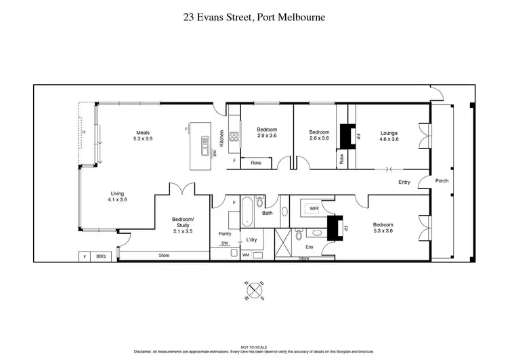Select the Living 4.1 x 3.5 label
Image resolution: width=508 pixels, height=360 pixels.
point(117,196)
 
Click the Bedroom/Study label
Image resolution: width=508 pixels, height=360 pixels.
point(183,227)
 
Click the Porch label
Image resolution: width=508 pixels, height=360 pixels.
point(442,181)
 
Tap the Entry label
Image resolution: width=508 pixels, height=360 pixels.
point(404,182)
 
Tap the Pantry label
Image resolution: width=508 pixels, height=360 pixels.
point(225,234)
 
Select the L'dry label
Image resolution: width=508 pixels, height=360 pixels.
point(251,240)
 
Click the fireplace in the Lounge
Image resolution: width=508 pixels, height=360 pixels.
point(348,136)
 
